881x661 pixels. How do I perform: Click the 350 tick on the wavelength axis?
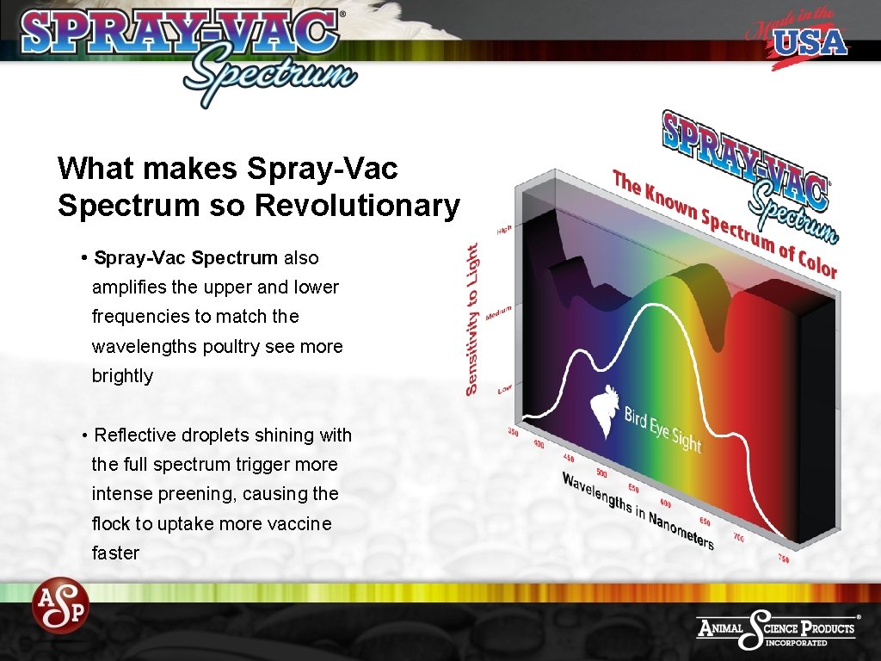pyautogui.click(x=512, y=431)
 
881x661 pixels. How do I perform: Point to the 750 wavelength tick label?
pyautogui.click(x=784, y=559)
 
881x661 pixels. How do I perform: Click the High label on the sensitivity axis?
pyautogui.click(x=504, y=231)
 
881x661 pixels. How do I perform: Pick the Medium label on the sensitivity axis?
pyautogui.click(x=499, y=312)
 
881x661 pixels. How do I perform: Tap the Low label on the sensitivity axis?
pyautogui.click(x=506, y=390)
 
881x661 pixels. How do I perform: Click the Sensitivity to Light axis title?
pyautogui.click(x=472, y=318)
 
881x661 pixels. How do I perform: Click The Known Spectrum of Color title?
pyautogui.click(x=724, y=223)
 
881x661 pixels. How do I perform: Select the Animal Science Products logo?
pyautogui.click(x=777, y=629)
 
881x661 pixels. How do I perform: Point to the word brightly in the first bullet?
pyautogui.click(x=122, y=376)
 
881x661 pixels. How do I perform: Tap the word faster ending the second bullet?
pyautogui.click(x=115, y=553)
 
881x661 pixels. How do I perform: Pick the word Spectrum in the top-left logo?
pyautogui.click(x=268, y=75)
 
